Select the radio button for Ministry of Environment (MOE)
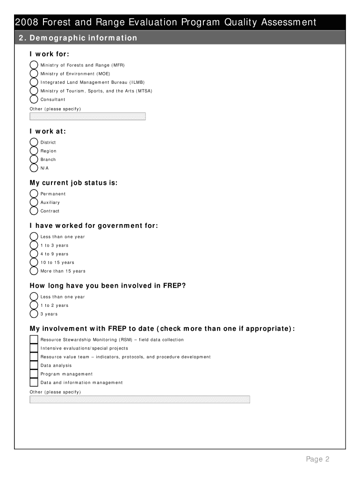[x=34, y=73]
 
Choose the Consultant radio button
[x=34, y=99]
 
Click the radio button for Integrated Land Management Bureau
[x=34, y=82]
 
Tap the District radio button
[x=34, y=142]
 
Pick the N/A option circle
[x=34, y=168]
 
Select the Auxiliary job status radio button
[x=34, y=202]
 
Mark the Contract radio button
[x=34, y=211]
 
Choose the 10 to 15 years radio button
[x=34, y=262]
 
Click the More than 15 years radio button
[x=34, y=271]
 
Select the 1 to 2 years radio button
[x=34, y=305]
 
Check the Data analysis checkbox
[x=34, y=365]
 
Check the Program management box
[x=34, y=374]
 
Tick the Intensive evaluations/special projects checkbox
[x=34, y=348]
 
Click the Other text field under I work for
[x=87, y=116]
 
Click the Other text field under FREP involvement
[x=140, y=399]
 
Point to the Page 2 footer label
[x=318, y=459]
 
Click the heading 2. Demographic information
[x=78, y=38]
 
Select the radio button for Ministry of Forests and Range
[x=34, y=65]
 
